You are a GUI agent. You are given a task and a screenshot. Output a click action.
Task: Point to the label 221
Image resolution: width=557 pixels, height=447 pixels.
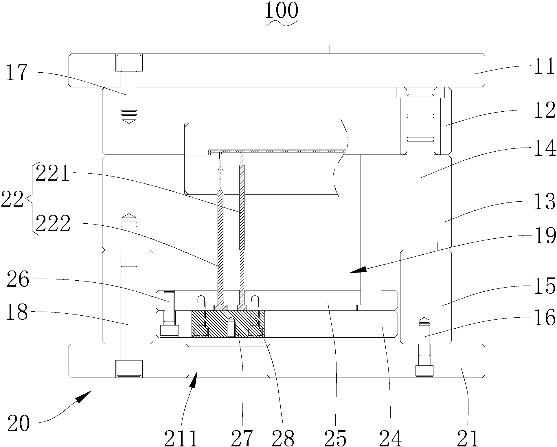[x=53, y=173]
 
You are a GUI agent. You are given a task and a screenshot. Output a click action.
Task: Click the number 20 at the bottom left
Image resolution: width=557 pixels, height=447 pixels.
[x=19, y=423]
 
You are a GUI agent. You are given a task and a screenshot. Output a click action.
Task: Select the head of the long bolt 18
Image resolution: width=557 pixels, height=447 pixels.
[x=129, y=368]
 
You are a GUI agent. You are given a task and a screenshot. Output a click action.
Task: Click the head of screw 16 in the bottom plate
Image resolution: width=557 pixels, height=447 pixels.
[x=424, y=371]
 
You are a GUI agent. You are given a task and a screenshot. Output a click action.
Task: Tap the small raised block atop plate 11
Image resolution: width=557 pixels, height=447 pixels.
[x=277, y=49]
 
